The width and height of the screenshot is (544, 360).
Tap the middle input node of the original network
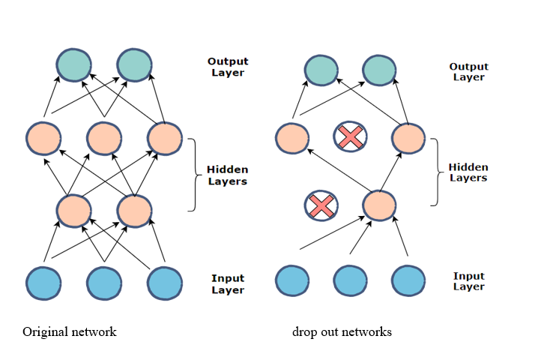104,283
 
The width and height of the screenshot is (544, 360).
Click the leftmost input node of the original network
43,283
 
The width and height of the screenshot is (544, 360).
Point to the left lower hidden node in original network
73,210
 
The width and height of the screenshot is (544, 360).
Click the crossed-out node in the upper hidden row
349,136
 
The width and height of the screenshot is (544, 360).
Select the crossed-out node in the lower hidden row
321,206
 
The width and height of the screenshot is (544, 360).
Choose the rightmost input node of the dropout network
408,279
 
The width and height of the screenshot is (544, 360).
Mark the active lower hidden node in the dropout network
379,206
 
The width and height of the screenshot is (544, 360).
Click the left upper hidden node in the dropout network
291,138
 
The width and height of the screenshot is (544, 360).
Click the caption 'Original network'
70,331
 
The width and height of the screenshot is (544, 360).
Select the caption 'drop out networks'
342,331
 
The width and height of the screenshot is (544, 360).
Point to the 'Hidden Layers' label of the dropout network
468,172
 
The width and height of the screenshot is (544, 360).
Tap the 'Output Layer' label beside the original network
229,67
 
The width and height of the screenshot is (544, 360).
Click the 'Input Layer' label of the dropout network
468,281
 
